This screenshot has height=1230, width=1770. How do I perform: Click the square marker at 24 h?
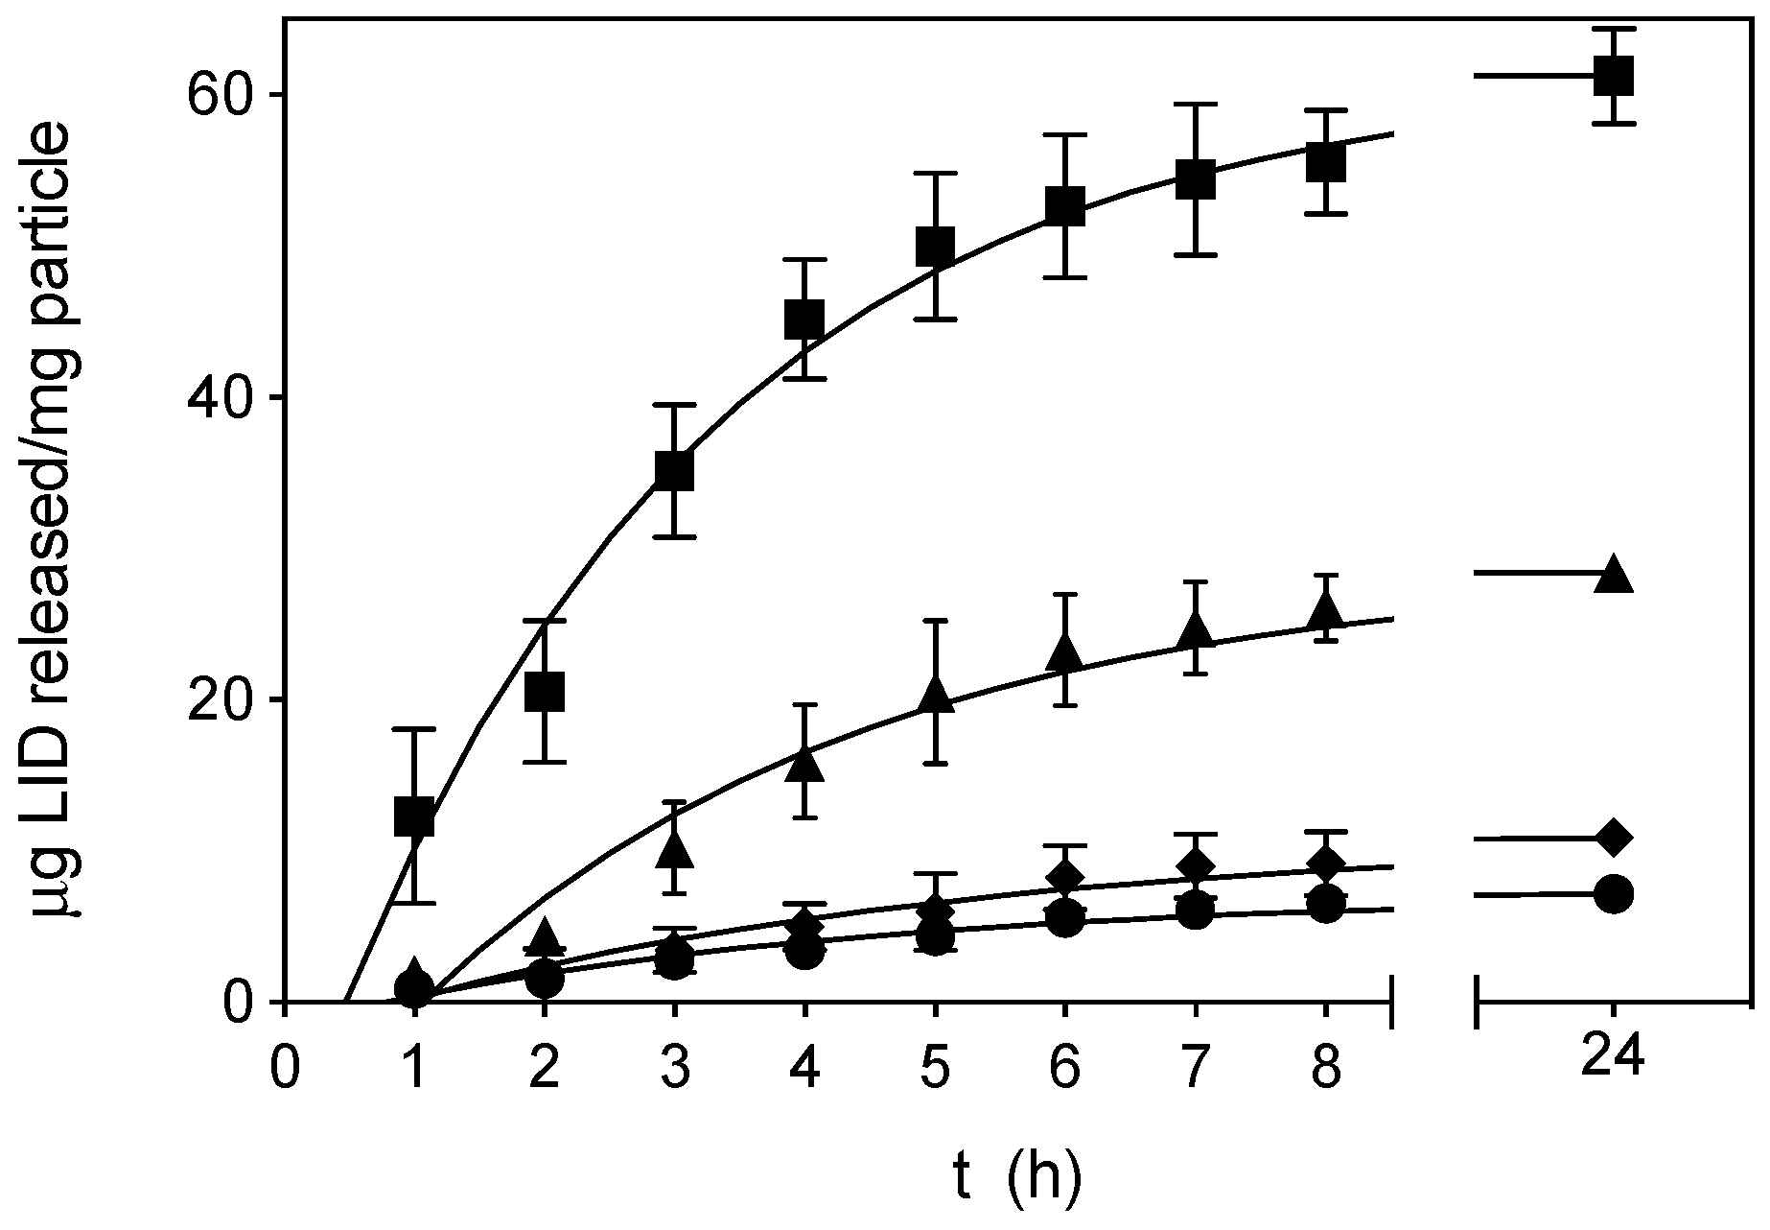click(x=1613, y=75)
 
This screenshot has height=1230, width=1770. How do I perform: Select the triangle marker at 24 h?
click(x=1613, y=574)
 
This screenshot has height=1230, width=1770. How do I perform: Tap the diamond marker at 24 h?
click(x=1613, y=837)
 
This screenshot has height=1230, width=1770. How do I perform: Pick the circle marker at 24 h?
click(x=1613, y=894)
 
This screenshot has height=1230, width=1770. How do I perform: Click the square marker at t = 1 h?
click(x=414, y=816)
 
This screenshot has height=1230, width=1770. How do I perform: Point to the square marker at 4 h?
click(x=804, y=319)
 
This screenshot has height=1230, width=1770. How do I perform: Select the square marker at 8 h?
click(x=1325, y=162)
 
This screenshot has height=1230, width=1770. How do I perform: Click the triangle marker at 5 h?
click(x=935, y=694)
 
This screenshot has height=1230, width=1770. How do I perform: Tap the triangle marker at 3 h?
click(x=675, y=848)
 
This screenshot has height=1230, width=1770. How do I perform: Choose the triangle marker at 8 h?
click(x=1325, y=609)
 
